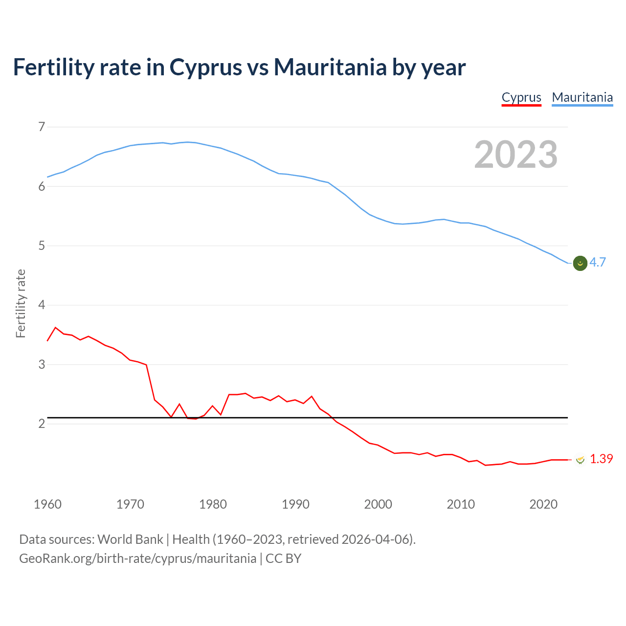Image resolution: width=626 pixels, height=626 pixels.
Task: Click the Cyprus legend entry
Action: click(521, 97)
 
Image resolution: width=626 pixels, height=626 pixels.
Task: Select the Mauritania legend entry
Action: click(582, 97)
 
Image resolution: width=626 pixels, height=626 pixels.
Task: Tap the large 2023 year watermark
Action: click(516, 155)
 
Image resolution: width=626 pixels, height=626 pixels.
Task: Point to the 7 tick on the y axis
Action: click(42, 127)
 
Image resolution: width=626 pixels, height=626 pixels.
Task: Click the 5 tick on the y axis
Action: click(42, 246)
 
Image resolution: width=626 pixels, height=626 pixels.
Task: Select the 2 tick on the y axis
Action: click(42, 424)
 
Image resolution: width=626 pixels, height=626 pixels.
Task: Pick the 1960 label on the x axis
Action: click(47, 504)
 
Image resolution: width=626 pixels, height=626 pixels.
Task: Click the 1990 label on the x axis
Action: click(295, 504)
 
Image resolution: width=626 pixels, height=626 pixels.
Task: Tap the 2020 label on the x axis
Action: click(543, 504)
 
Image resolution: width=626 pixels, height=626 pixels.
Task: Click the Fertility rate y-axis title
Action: click(21, 303)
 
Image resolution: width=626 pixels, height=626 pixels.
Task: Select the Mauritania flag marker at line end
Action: click(580, 263)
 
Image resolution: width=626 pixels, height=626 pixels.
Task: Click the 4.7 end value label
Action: click(598, 263)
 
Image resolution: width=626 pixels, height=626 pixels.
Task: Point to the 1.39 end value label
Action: click(601, 459)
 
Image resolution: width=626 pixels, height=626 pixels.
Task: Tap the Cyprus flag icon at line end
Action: click(581, 459)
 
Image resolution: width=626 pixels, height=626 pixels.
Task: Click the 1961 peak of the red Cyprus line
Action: click(55, 327)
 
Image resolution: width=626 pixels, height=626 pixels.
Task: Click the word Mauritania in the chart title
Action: click(330, 67)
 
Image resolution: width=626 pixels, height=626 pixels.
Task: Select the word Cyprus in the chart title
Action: click(206, 67)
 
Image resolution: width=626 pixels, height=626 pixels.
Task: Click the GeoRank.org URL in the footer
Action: click(137, 558)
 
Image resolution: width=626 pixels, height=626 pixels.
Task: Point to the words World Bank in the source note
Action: click(130, 539)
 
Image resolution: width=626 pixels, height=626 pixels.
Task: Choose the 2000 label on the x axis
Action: click(378, 504)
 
